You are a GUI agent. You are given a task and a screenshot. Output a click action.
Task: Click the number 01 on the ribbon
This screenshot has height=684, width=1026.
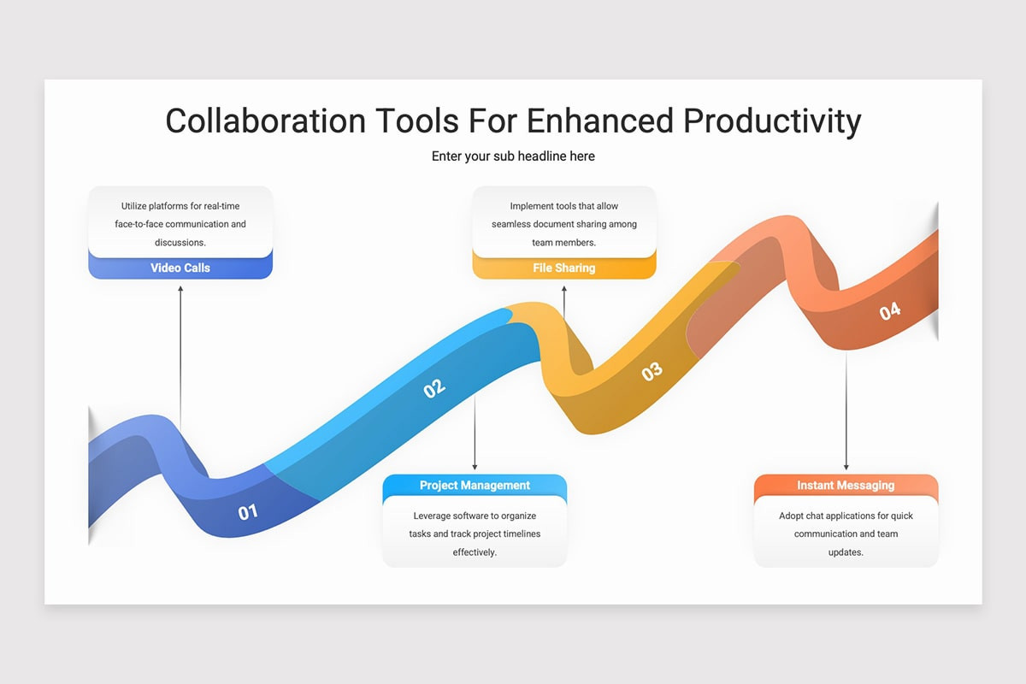[x=248, y=512]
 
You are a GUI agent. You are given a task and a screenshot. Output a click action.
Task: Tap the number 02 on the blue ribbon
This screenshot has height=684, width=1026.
[x=434, y=387]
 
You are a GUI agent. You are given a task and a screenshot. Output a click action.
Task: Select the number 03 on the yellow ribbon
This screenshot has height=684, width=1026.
[x=652, y=371]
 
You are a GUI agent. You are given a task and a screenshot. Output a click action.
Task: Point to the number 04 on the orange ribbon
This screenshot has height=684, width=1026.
[x=890, y=311]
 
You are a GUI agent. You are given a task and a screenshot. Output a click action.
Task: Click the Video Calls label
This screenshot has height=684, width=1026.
[x=180, y=268]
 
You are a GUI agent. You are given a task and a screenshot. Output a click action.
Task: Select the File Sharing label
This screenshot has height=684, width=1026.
[x=563, y=268]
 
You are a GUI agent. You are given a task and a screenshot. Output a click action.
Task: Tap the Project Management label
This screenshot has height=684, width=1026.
[x=475, y=485]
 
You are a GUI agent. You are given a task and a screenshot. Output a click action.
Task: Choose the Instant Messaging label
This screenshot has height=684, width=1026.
[x=846, y=485]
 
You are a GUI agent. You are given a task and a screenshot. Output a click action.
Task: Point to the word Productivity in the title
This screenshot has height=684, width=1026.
[x=771, y=121]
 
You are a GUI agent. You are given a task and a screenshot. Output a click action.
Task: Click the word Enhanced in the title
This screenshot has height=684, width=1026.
[x=600, y=121]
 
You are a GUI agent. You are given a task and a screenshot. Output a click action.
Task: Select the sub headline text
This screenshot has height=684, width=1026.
[x=513, y=156]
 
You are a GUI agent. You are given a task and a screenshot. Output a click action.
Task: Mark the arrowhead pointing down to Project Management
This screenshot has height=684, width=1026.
[x=475, y=466]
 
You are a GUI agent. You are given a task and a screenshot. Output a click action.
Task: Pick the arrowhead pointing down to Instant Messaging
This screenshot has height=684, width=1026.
[x=846, y=466]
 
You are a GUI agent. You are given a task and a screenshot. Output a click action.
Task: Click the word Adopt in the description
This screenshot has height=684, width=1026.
[x=792, y=516]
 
